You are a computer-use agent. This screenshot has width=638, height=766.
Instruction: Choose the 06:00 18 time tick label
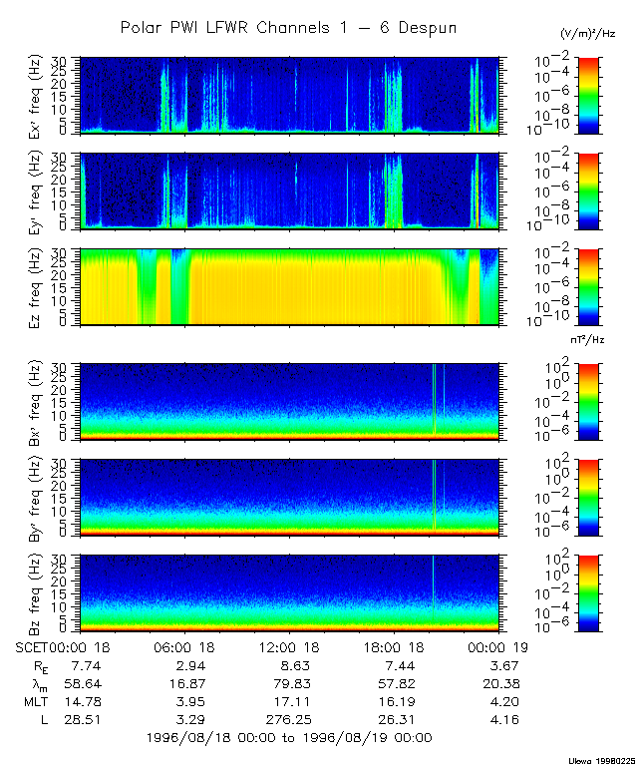(187, 646)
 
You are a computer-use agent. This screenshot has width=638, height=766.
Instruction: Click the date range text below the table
(289, 738)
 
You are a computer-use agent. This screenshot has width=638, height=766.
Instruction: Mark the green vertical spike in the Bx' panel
(435, 399)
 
